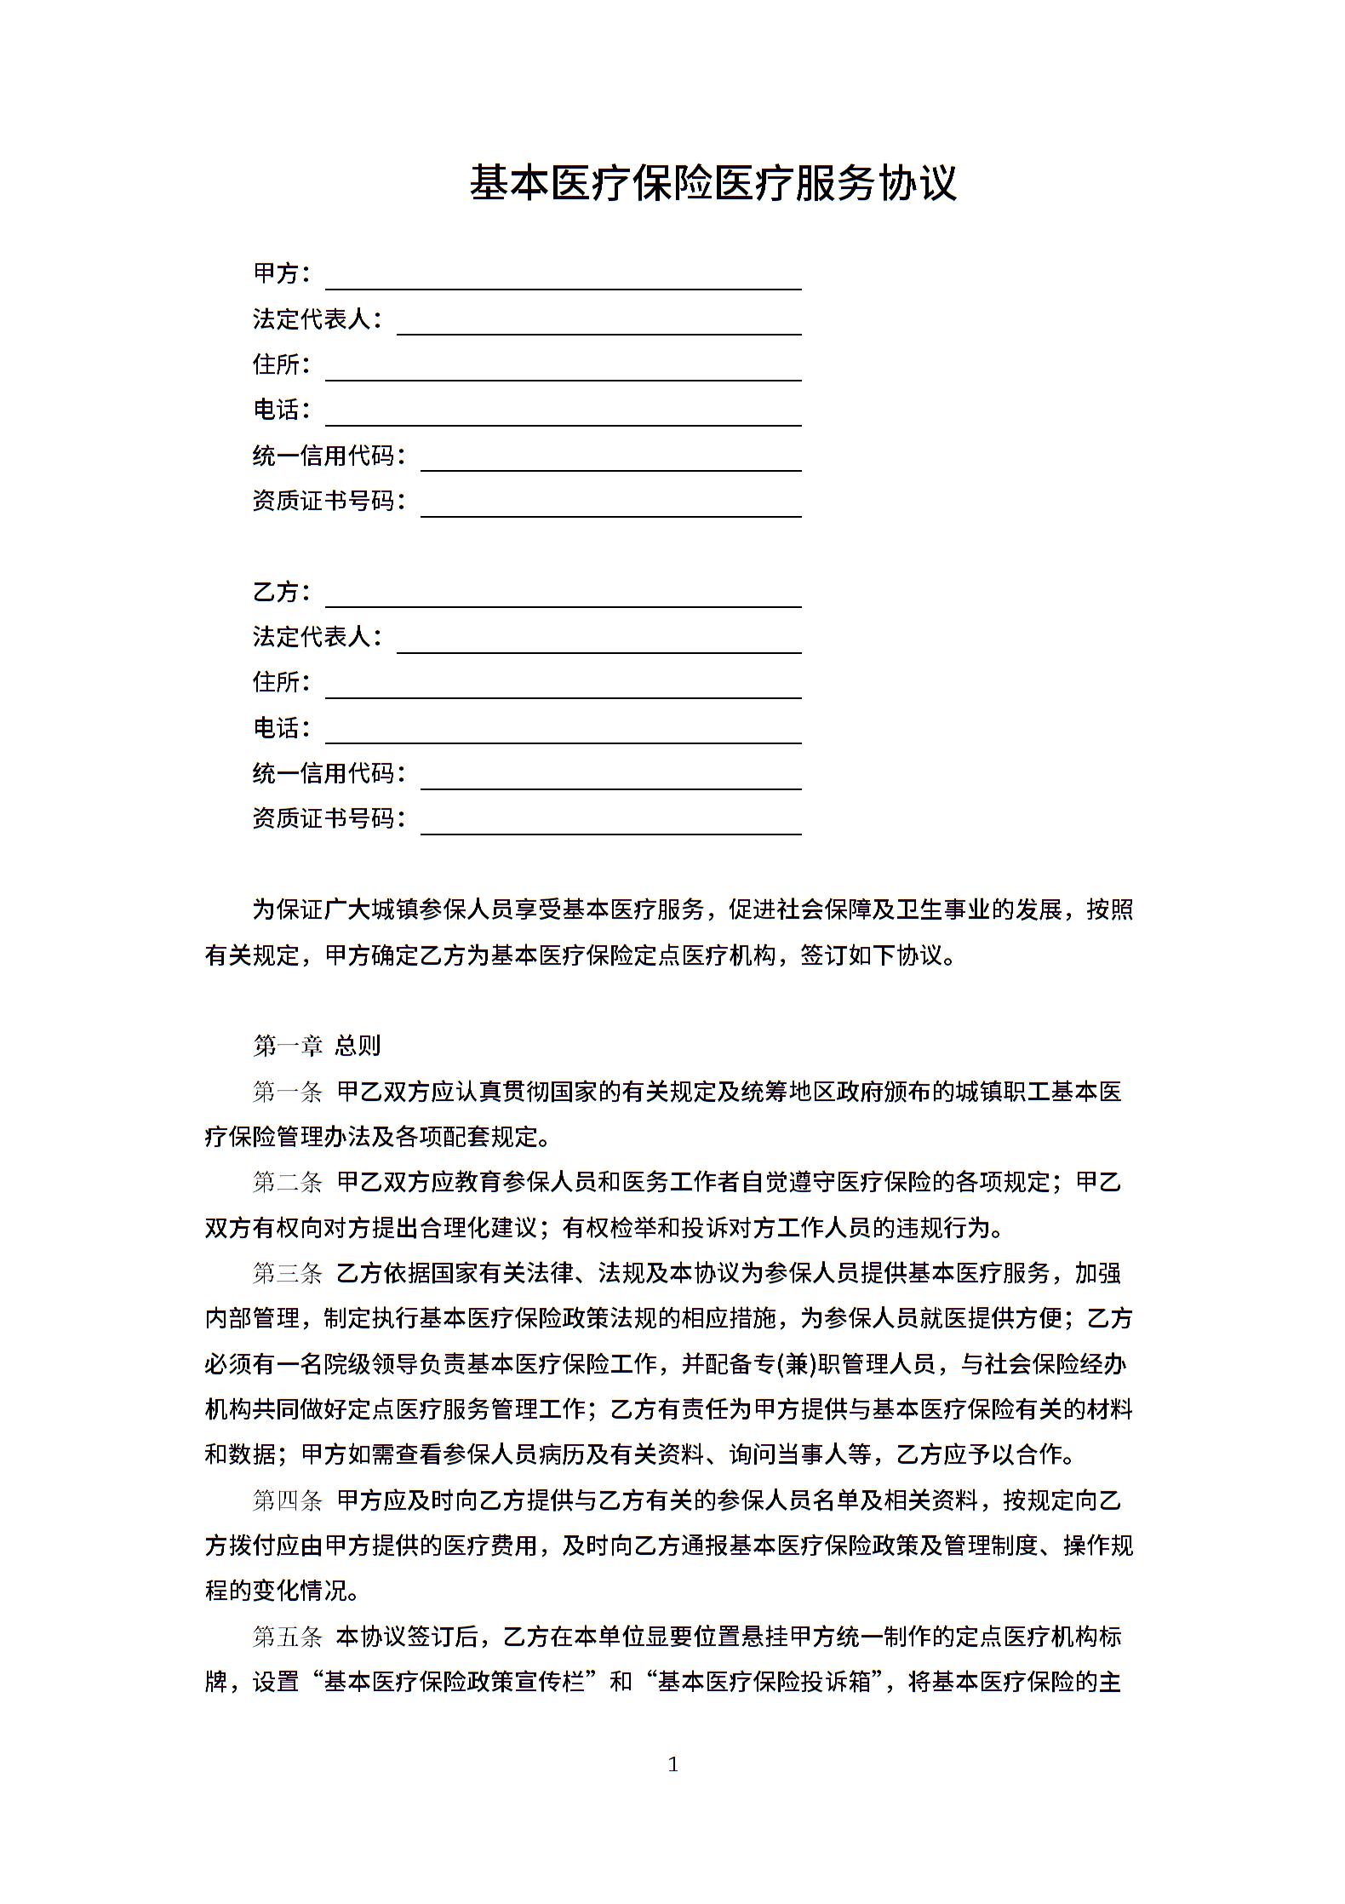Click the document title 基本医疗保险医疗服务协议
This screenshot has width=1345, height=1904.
[x=713, y=183]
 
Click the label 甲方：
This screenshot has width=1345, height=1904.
[x=281, y=273]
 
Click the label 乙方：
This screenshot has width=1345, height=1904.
[x=281, y=591]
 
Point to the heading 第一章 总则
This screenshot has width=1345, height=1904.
[x=316, y=1045]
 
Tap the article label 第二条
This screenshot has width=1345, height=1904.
[x=287, y=1182]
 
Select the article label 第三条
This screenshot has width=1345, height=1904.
[x=287, y=1273]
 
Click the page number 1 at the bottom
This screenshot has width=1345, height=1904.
[x=673, y=1763]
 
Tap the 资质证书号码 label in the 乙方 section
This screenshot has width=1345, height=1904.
[x=329, y=818]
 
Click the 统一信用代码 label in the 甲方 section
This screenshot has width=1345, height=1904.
[x=329, y=456]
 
